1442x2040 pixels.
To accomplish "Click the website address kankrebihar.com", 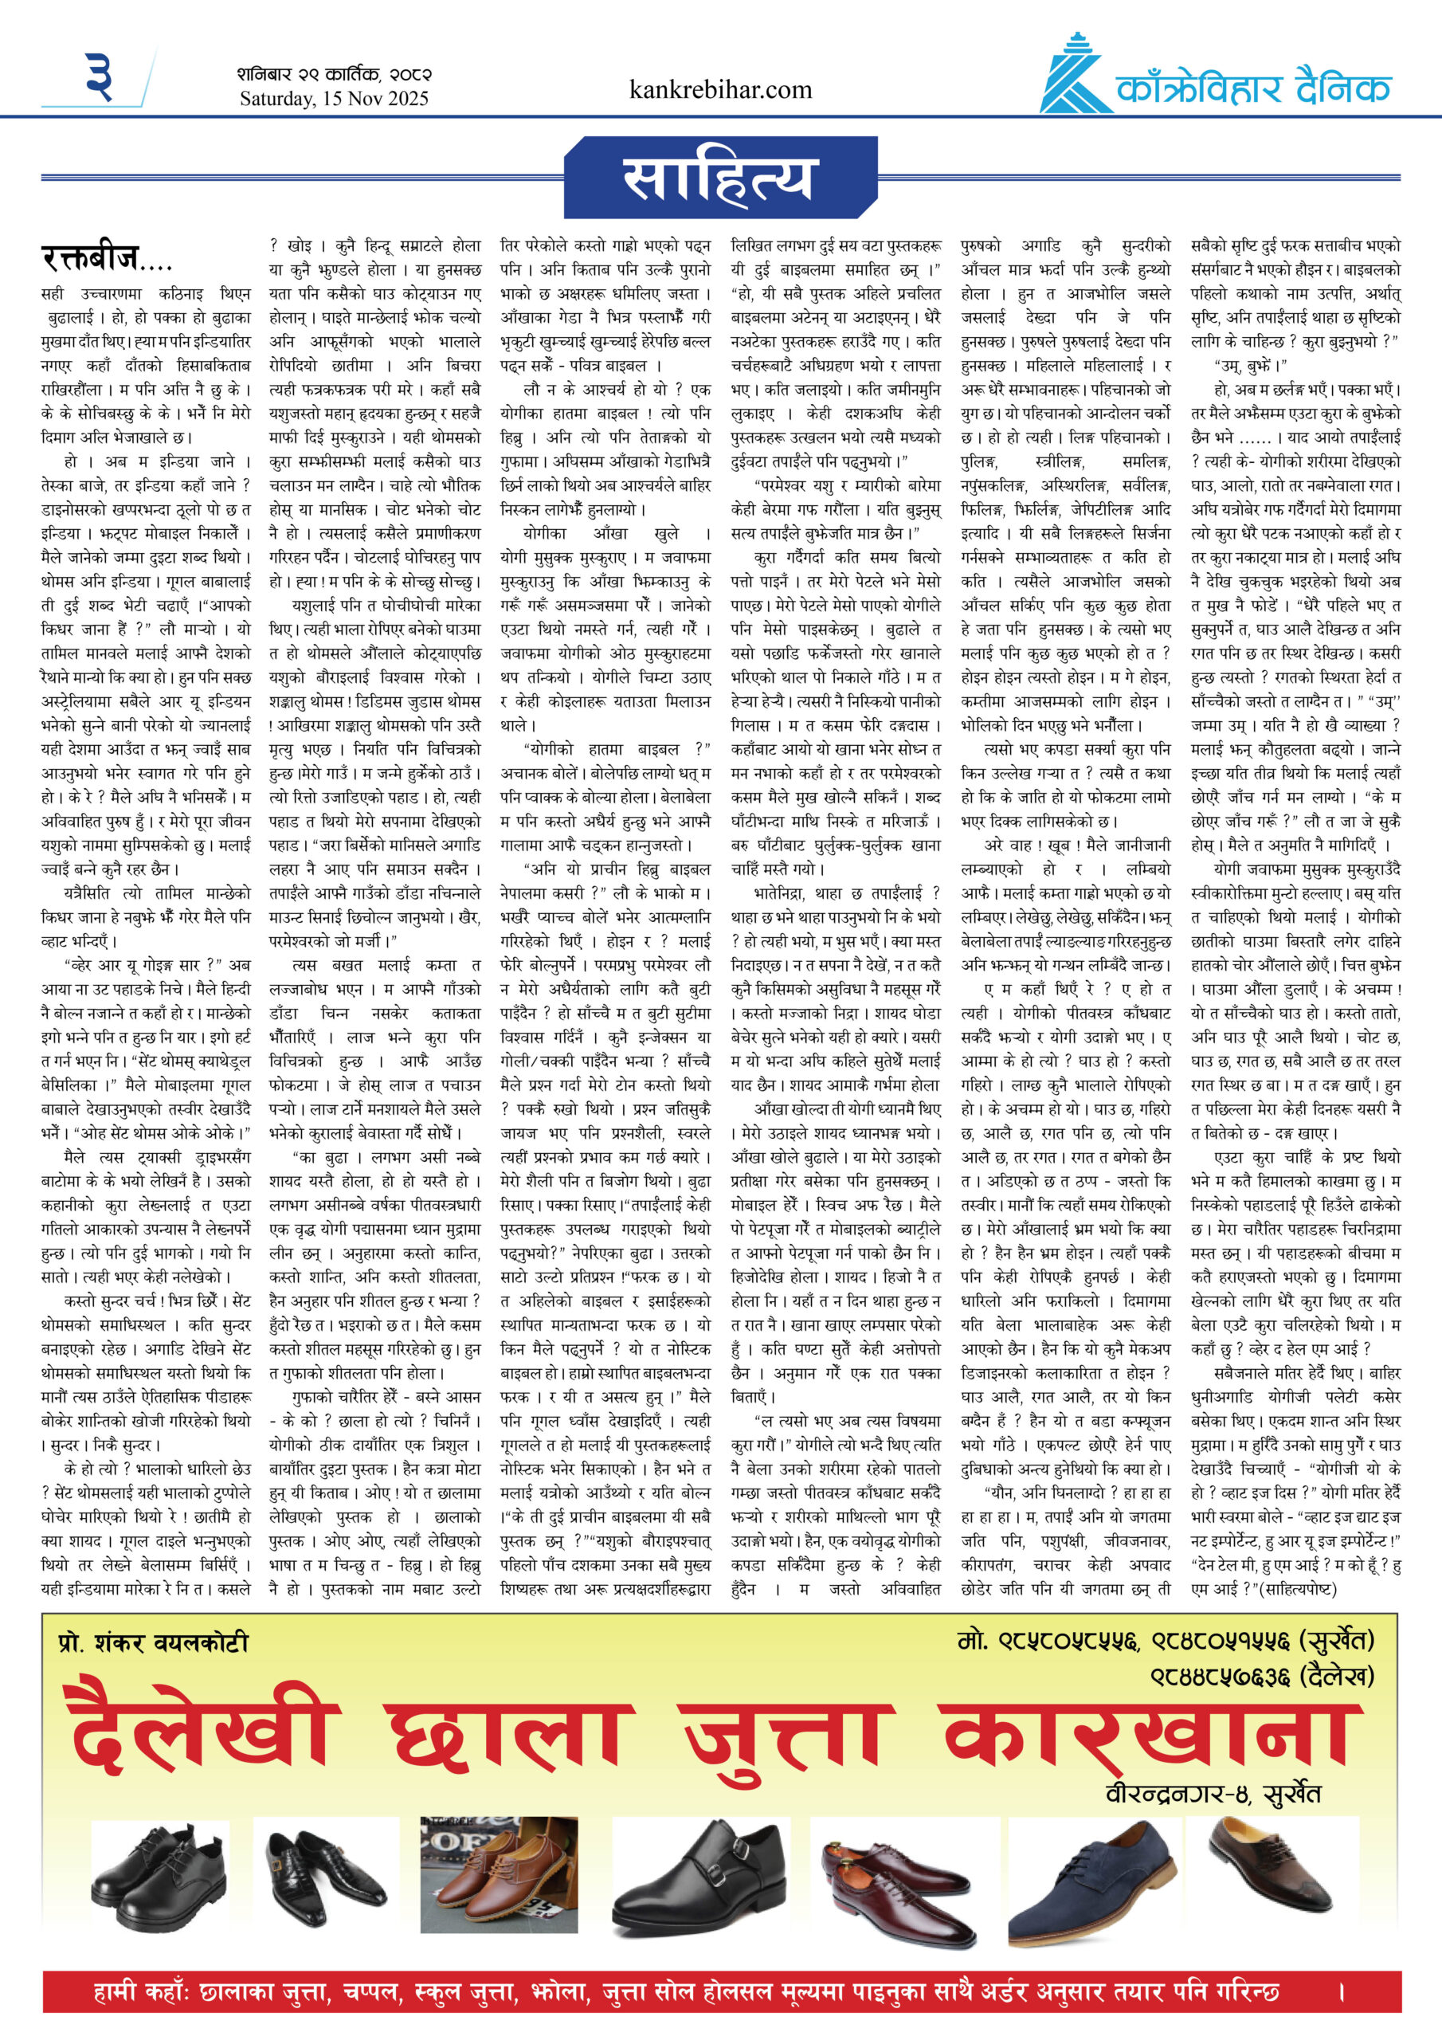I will tap(720, 90).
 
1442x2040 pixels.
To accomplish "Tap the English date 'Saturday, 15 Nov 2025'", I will tap(334, 99).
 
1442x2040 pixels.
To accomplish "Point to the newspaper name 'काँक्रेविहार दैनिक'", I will tap(1252, 88).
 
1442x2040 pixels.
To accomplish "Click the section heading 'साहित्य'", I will tap(719, 178).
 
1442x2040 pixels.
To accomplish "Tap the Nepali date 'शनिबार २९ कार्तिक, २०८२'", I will tap(334, 74).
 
